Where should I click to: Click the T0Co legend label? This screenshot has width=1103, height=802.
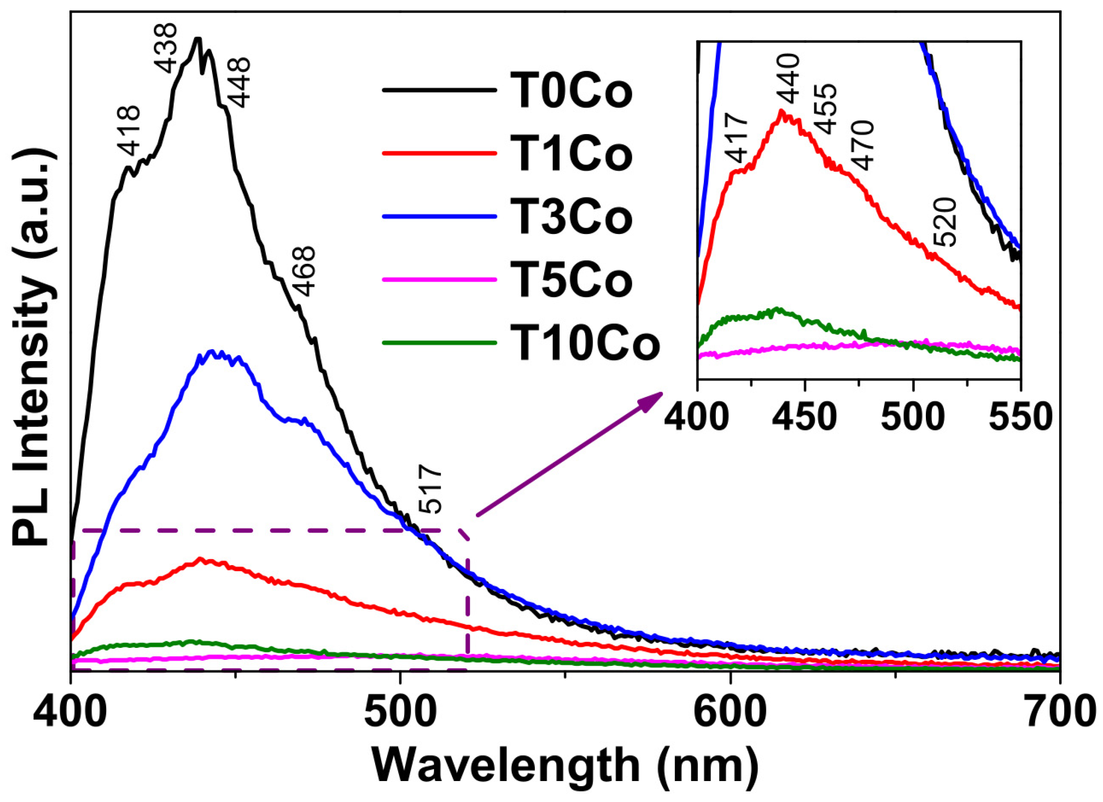[x=571, y=91]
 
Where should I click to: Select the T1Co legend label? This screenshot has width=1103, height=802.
[x=571, y=154]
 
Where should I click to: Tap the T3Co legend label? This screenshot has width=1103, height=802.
[x=571, y=217]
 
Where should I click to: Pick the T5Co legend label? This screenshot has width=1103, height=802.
[x=571, y=280]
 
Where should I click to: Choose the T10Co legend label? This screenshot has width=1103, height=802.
[x=585, y=343]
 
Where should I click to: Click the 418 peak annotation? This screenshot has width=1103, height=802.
[x=129, y=131]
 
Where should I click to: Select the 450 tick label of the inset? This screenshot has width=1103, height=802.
[x=804, y=417]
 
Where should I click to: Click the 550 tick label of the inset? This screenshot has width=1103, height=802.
[x=1020, y=417]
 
